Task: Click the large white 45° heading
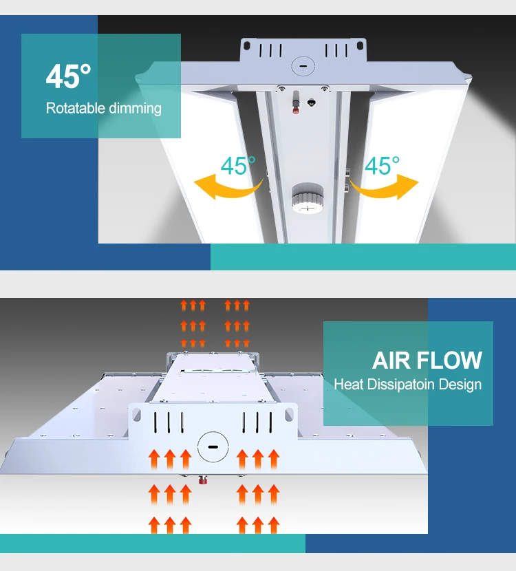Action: (x=68, y=76)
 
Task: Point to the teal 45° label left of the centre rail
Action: (x=237, y=166)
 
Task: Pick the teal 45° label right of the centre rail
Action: (x=382, y=166)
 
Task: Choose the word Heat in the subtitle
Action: (x=348, y=385)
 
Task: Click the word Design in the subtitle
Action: (x=460, y=385)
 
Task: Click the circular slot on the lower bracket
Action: (x=212, y=447)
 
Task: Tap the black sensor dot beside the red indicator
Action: (x=314, y=102)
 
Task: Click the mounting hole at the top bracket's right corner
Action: (x=359, y=46)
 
